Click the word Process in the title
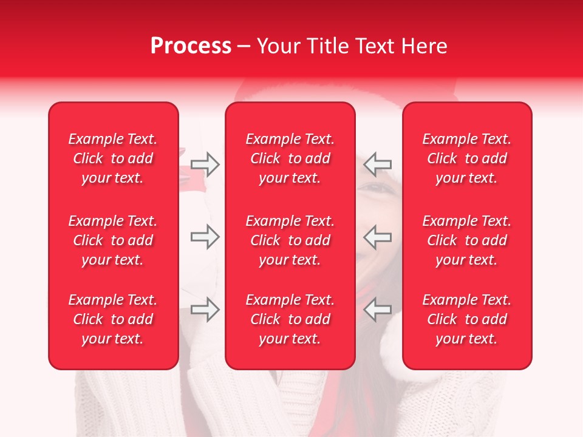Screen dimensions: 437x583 point(191,46)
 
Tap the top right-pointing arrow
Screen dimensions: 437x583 point(205,164)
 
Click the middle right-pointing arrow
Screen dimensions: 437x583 point(205,237)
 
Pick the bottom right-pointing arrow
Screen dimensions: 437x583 point(205,310)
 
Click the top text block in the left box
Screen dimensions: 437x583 point(113,158)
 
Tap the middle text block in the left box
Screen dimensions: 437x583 point(113,240)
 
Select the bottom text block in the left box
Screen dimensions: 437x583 point(113,319)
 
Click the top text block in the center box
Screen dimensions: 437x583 point(290,158)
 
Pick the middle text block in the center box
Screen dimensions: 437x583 point(290,240)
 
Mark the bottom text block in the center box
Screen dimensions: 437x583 point(290,319)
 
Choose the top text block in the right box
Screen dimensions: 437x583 point(466,158)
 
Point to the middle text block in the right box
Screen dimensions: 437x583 point(466,240)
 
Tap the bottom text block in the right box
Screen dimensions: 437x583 point(466,319)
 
